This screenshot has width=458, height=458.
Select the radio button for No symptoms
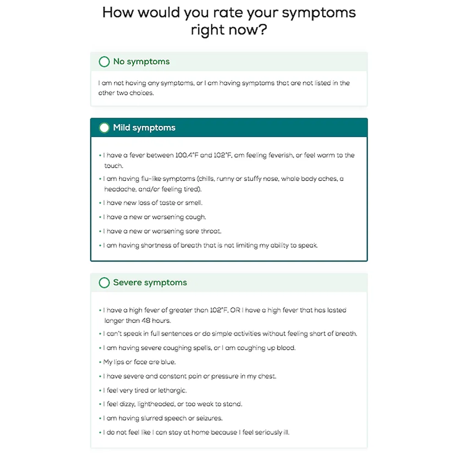click(x=104, y=62)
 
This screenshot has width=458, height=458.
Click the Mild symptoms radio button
click(x=104, y=128)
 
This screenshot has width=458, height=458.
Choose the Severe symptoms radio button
click(x=104, y=283)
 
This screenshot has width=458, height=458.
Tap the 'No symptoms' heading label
click(x=142, y=62)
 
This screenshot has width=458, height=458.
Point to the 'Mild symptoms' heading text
click(x=144, y=128)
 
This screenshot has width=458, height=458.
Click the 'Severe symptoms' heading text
click(x=150, y=283)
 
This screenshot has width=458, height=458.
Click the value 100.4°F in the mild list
click(x=187, y=155)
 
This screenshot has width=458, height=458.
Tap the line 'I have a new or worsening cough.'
click(x=155, y=217)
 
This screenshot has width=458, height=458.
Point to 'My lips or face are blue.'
click(x=139, y=362)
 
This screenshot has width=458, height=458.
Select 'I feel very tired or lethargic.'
click(x=145, y=390)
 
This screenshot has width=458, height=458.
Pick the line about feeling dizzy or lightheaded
click(x=173, y=404)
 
